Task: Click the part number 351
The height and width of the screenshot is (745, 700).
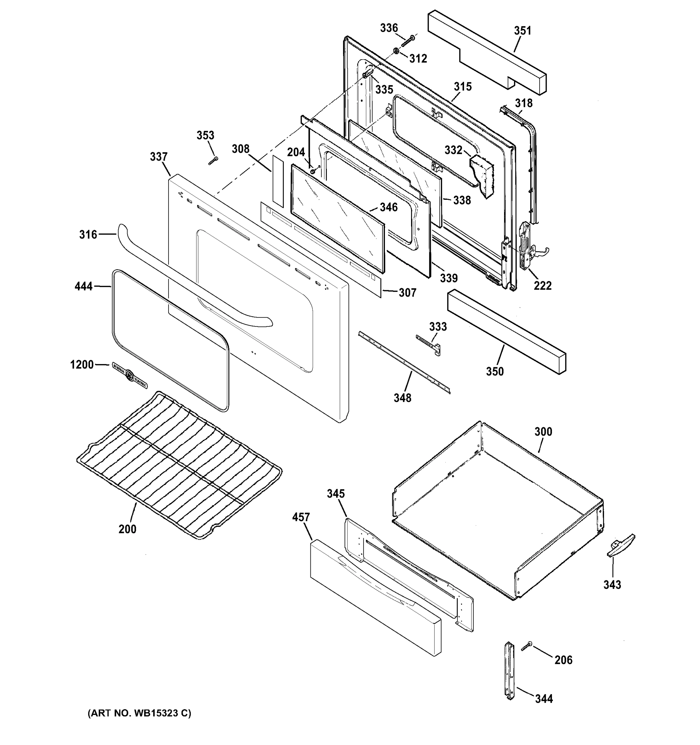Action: click(x=522, y=31)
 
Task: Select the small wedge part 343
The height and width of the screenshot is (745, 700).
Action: click(x=621, y=546)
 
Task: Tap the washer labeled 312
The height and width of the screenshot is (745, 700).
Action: click(x=396, y=50)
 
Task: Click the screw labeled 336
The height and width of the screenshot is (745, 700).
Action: click(x=408, y=40)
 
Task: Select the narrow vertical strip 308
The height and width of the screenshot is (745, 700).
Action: click(x=278, y=181)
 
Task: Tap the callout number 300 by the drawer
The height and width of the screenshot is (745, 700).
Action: click(x=543, y=432)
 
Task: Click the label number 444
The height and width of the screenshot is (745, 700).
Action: click(x=83, y=286)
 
